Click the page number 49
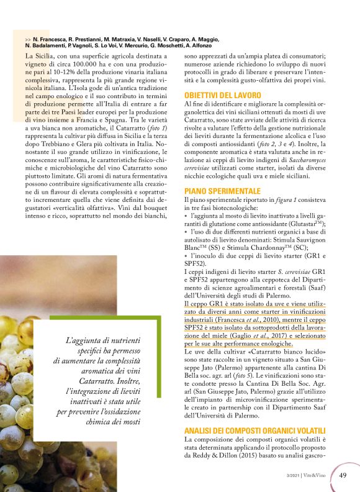pyautogui.click(x=343, y=475)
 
